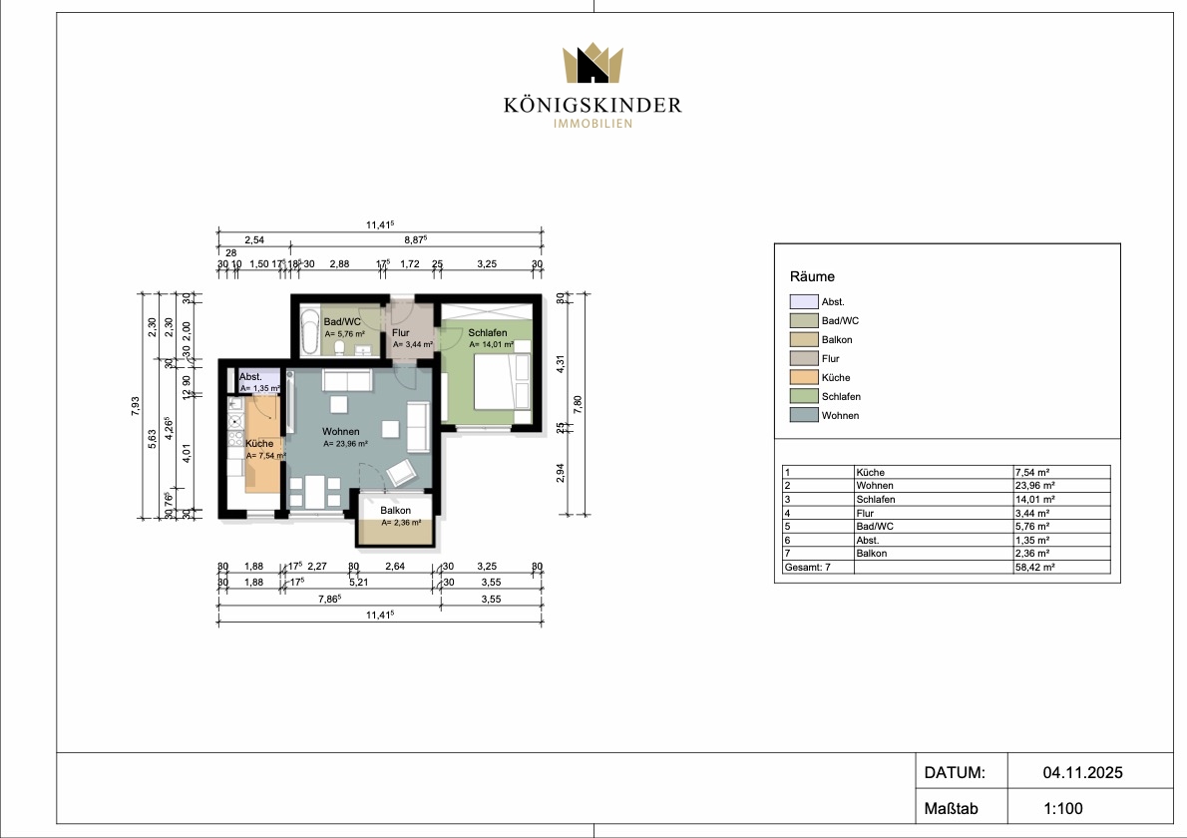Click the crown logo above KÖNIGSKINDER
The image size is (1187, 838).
592,63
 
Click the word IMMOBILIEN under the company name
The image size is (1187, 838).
593,124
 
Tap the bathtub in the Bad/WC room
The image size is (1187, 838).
310,331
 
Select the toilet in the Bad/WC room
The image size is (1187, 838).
339,347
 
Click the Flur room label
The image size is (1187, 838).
400,332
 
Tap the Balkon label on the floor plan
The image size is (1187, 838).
396,510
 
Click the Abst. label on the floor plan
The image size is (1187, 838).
250,376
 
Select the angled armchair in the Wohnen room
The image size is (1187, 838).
401,472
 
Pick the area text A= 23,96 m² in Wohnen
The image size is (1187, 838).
345,444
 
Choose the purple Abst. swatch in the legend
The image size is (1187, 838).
804,301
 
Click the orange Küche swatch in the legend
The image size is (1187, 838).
804,377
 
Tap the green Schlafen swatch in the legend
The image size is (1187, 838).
804,396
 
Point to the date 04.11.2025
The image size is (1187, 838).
1082,773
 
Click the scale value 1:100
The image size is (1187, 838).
1063,808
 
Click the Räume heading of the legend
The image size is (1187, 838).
812,276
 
